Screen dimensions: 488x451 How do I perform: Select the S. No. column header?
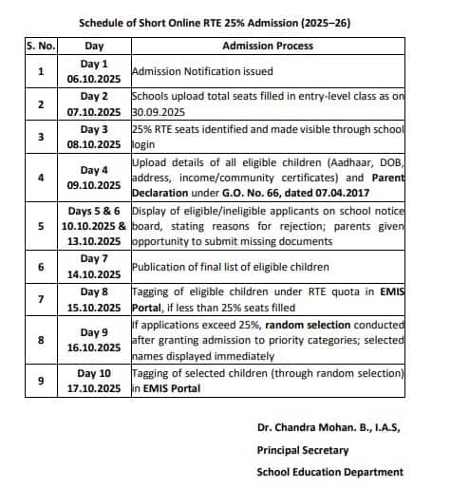pyautogui.click(x=40, y=46)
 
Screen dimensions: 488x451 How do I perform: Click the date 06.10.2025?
pyautogui.click(x=93, y=80)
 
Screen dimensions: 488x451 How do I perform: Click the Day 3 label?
pyautogui.click(x=94, y=128)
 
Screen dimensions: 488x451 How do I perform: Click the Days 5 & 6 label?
pyautogui.click(x=94, y=210)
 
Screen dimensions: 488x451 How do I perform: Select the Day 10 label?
pyautogui.click(x=94, y=374)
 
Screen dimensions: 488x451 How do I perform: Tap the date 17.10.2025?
pyautogui.click(x=93, y=389)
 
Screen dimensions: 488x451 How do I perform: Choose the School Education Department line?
pyautogui.click(x=329, y=472)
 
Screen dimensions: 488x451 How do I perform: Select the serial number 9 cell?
pyautogui.click(x=40, y=382)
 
